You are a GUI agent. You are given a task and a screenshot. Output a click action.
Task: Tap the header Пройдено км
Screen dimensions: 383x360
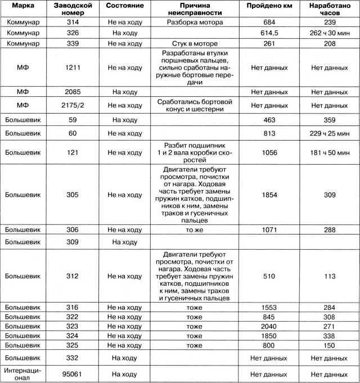click(264, 5)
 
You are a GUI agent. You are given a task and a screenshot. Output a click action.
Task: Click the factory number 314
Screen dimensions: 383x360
click(74, 22)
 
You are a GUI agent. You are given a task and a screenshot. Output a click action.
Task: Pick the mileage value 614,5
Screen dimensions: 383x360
click(264, 33)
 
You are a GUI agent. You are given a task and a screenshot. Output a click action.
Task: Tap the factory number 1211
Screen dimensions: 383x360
click(74, 67)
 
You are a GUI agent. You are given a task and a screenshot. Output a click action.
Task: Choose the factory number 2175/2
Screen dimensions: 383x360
click(74, 105)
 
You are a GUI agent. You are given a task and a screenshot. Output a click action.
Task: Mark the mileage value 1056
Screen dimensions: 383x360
click(264, 152)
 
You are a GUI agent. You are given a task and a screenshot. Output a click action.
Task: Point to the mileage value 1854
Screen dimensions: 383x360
click(264, 195)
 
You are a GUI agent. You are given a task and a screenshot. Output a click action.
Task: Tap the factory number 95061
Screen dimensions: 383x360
click(74, 373)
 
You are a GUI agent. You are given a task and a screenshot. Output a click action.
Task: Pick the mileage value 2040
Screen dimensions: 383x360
click(264, 326)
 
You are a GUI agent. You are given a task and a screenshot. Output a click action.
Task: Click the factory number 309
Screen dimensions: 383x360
click(74, 242)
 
